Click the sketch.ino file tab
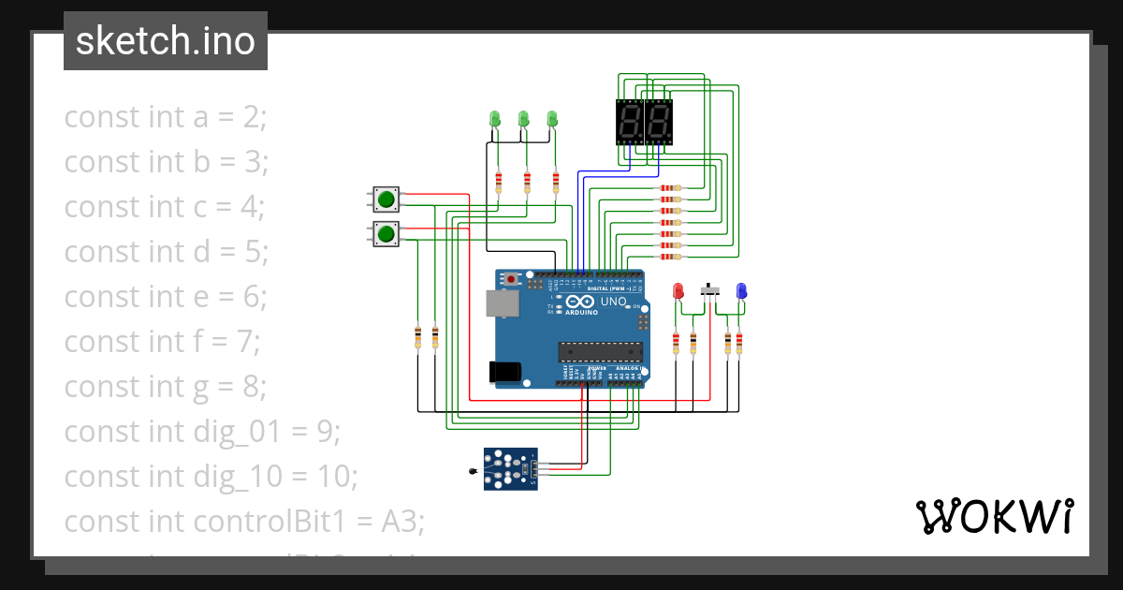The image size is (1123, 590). coord(166,41)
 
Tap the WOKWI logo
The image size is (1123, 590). coord(993,517)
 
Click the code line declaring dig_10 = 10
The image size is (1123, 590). coord(211,477)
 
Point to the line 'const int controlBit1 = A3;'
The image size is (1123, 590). coord(243,522)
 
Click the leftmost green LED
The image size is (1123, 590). coord(496,119)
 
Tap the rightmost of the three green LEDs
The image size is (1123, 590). coord(552,119)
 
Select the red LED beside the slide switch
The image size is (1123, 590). coord(679,291)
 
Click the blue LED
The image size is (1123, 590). coord(741,291)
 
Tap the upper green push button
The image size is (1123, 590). coord(386,199)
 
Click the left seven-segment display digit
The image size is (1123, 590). coord(630,122)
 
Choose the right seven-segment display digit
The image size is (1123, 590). coord(659,122)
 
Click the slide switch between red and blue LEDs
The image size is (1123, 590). coord(711,291)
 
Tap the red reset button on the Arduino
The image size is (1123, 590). coord(511,280)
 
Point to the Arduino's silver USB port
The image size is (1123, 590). coord(502,303)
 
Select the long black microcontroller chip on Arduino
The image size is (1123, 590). coord(600,351)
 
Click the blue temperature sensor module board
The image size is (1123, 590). coord(510,468)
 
